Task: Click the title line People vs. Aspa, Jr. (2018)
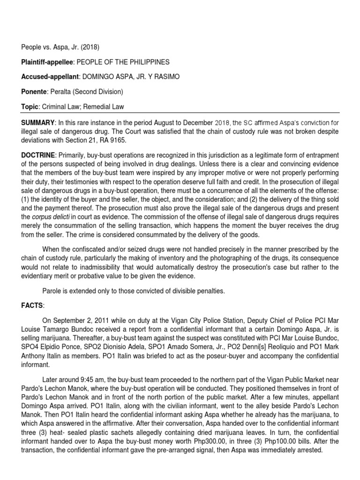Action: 60,47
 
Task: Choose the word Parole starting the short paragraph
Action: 52,291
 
